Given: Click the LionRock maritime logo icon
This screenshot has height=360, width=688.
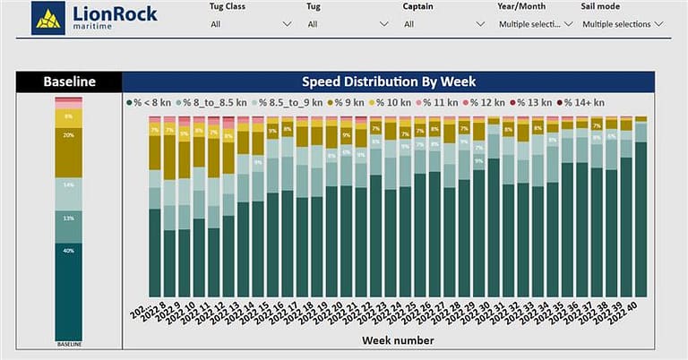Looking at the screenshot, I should (x=47, y=17).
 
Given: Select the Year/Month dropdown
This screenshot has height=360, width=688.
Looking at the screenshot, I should (x=535, y=24).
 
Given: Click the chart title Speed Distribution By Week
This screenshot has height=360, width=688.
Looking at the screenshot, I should (x=388, y=82).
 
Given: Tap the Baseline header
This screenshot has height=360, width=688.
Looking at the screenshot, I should (x=69, y=82).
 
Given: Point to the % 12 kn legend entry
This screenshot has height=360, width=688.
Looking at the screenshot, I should (x=492, y=103).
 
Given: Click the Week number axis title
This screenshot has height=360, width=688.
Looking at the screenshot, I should (x=398, y=340).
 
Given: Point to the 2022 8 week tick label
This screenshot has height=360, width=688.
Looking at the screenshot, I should (x=159, y=313).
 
